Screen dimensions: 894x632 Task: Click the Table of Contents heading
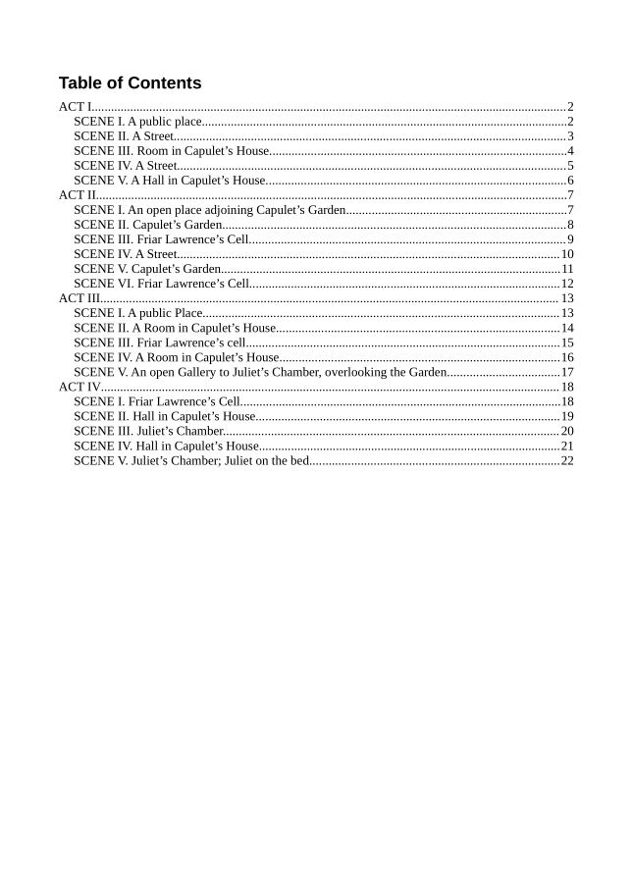[130, 83]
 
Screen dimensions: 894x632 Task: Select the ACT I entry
[76, 107]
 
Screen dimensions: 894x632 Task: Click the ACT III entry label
[79, 298]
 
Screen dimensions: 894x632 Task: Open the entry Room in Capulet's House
[172, 151]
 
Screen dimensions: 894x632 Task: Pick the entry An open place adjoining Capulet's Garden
[209, 210]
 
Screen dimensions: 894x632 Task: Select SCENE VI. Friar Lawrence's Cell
[162, 284]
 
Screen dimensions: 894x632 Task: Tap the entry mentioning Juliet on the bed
[191, 460]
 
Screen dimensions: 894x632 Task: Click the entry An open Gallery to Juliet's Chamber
[260, 372]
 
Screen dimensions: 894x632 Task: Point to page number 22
[566, 460]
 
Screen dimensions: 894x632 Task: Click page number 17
[566, 372]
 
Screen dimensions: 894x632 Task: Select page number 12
[566, 284]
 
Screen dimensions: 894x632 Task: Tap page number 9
[569, 239]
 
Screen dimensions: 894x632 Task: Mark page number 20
[566, 431]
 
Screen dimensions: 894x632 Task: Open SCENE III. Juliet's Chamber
[148, 431]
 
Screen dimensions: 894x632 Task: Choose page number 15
[566, 342]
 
